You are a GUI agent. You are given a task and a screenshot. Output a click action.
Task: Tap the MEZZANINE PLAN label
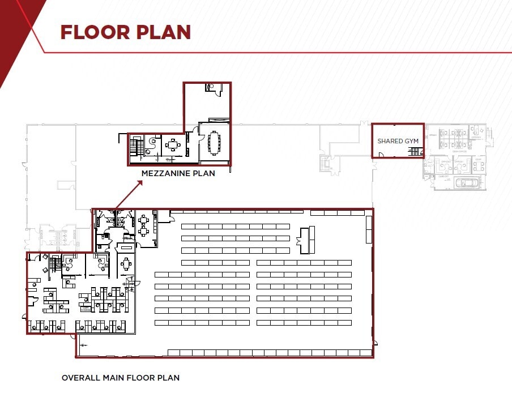tap(178, 173)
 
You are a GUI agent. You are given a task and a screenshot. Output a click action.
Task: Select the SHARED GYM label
tap(398, 141)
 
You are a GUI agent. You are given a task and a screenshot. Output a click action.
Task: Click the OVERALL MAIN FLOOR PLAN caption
tap(120, 378)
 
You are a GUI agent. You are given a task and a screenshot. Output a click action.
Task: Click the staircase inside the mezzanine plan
tap(134, 148)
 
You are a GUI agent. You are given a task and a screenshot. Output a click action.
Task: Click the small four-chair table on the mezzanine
tap(173, 145)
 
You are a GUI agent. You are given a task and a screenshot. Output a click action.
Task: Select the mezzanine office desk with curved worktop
tap(152, 143)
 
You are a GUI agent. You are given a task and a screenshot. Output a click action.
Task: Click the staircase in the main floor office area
tap(55, 264)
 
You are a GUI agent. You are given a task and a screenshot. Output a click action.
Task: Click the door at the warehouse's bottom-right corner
tap(373, 344)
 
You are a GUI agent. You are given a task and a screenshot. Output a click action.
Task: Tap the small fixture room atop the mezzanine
tap(212, 87)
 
